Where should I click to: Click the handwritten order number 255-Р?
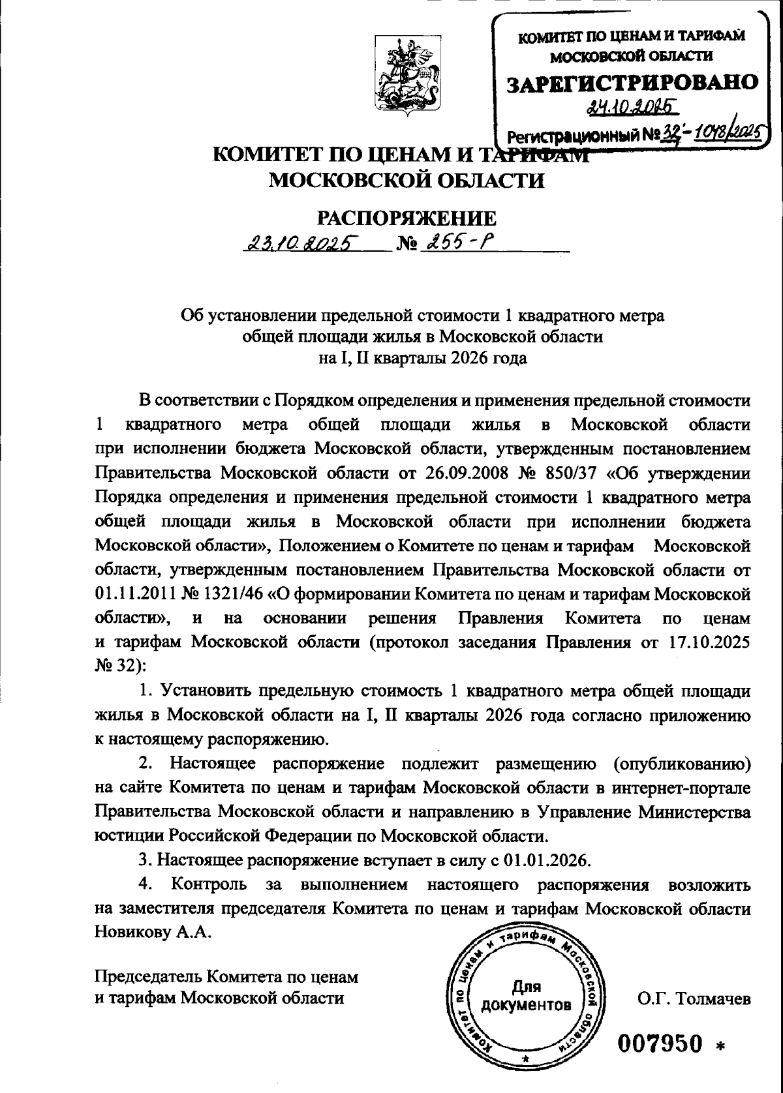coord(459,243)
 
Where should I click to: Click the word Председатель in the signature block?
coord(149,978)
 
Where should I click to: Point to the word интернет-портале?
coord(681,788)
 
